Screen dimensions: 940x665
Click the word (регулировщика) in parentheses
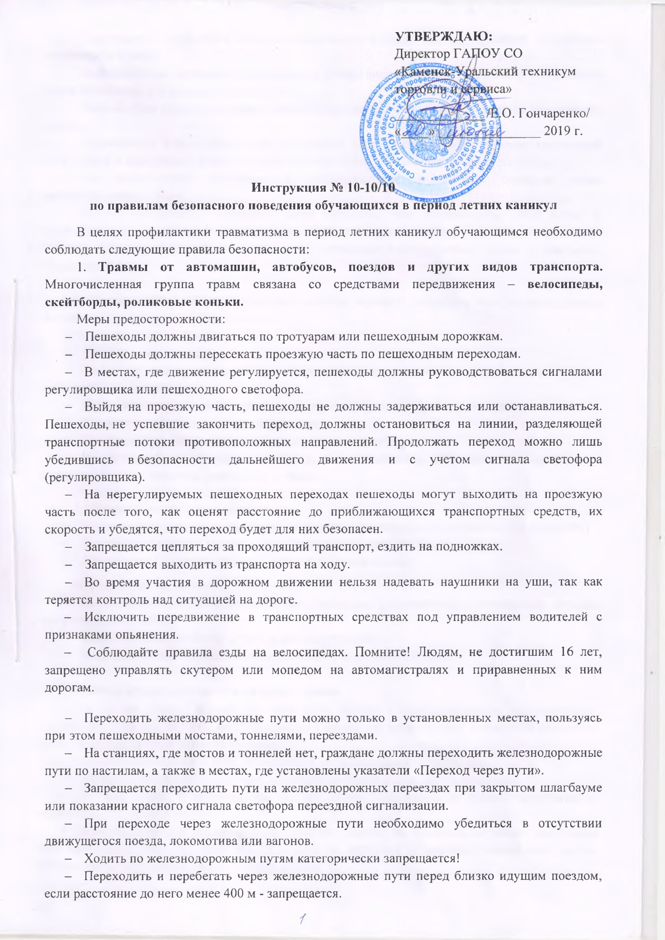pyautogui.click(x=94, y=477)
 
